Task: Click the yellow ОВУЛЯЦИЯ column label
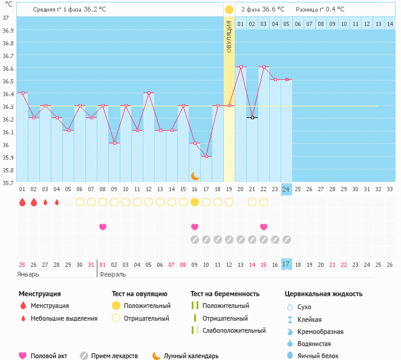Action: click(x=229, y=36)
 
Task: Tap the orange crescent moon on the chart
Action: click(x=195, y=176)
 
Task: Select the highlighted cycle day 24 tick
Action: click(x=287, y=189)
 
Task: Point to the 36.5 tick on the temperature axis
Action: click(x=7, y=81)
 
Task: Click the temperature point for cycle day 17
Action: click(x=206, y=157)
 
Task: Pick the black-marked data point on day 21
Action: click(x=252, y=118)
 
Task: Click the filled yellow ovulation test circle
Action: click(x=195, y=202)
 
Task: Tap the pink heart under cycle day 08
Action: click(x=103, y=227)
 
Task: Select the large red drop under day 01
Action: click(x=22, y=202)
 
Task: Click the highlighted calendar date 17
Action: click(x=287, y=264)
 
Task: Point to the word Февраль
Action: click(x=112, y=274)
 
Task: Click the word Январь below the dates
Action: click(x=28, y=274)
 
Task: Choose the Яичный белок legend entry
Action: click(x=322, y=356)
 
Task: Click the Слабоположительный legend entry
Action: click(x=234, y=330)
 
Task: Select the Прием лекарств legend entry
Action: click(x=114, y=356)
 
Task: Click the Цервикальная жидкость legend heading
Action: click(x=324, y=294)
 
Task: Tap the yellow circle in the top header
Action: click(x=229, y=10)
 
